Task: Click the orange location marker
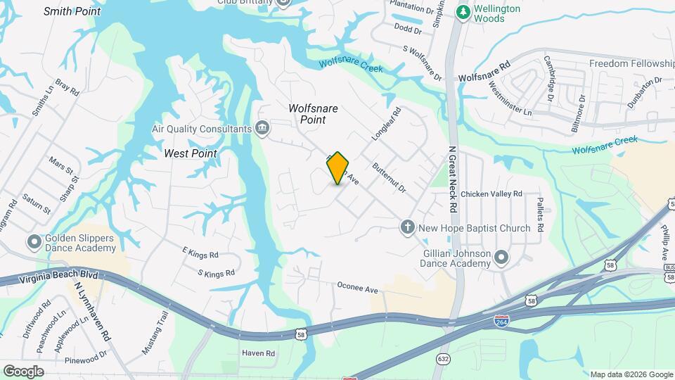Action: [x=338, y=168]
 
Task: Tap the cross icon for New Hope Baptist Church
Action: [x=406, y=227]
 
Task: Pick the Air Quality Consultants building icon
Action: [x=262, y=128]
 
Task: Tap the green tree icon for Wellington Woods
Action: [x=463, y=13]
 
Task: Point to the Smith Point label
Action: [x=71, y=11]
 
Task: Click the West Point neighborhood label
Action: [x=190, y=153]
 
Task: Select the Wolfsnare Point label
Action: [x=314, y=114]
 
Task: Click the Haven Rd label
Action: [x=258, y=353]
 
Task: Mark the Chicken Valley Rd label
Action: [x=491, y=194]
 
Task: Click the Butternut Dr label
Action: [x=390, y=179]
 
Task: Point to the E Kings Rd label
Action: [x=200, y=254]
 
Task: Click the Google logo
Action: [x=23, y=372]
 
